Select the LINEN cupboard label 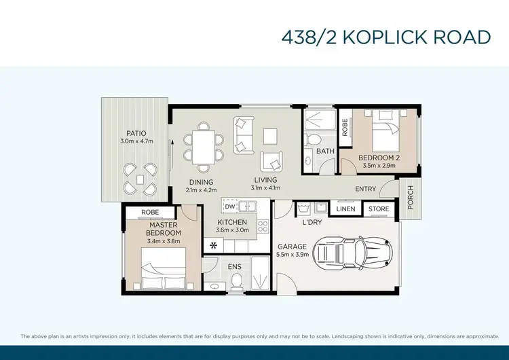pyautogui.click(x=345, y=209)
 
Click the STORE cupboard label pyautogui.click(x=379, y=209)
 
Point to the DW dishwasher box pyautogui.click(x=229, y=206)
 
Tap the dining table pyautogui.click(x=202, y=145)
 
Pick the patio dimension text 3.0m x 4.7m pyautogui.click(x=136, y=141)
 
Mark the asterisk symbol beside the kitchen pyautogui.click(x=214, y=245)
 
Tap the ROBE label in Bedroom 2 pyautogui.click(x=345, y=127)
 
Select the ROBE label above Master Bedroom pyautogui.click(x=150, y=212)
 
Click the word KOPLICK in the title pyautogui.click(x=390, y=37)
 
